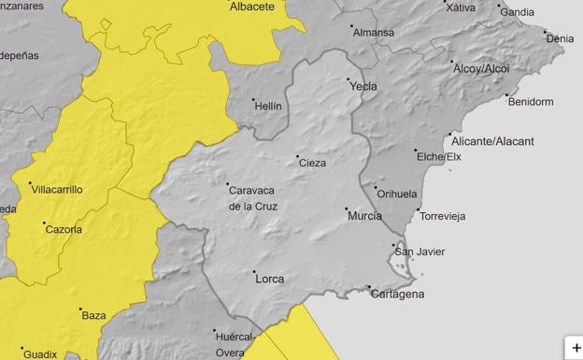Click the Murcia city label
tap(363, 216)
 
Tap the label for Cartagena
tap(397, 294)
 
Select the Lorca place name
tap(269, 279)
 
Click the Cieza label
tap(312, 163)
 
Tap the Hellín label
tap(267, 107)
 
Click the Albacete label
tap(252, 7)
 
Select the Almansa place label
tap(373, 32)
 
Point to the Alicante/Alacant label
tap(492, 141)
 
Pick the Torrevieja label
tap(443, 216)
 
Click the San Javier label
tap(419, 252)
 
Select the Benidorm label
tap(533, 101)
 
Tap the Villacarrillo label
tap(57, 189)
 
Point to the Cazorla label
tap(64, 229)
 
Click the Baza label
tap(94, 316)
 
